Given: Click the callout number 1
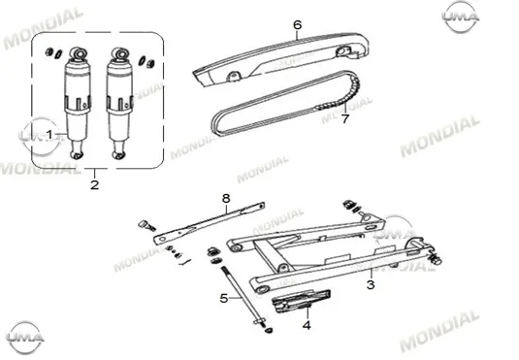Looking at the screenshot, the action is coord(49,135).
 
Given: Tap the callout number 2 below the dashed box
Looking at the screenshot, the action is coord(95,184).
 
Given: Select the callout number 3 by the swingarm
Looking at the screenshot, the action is coord(371,284).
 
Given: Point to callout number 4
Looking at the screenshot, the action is coord(307,325).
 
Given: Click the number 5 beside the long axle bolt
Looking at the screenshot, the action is coord(224,299).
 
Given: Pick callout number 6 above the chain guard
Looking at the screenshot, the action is coord(298,25).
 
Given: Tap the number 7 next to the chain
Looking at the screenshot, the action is coord(345,118).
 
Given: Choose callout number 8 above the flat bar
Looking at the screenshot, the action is coord(226,199).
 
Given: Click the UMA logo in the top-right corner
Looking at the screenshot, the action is coord(461,16).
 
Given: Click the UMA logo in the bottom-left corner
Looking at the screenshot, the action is coord(25,338).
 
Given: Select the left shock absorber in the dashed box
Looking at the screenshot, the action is coord(78,103).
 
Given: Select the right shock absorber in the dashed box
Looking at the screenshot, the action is coord(119,103).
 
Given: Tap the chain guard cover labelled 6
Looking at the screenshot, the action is coord(281,57).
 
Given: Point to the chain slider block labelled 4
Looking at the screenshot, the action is coord(301,301).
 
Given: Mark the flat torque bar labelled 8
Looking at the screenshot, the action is coord(210,222).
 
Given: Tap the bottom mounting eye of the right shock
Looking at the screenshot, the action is coord(118,154).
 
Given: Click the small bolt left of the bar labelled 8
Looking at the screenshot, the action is coord(146,225).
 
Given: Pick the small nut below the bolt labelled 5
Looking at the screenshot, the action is coord(269,330).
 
